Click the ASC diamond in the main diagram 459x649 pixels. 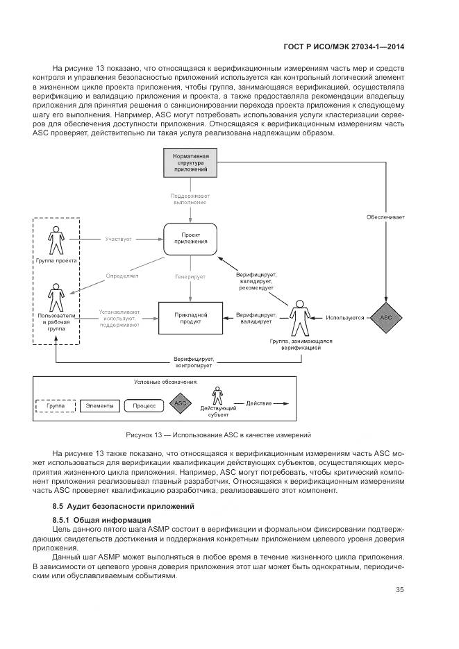[385, 318]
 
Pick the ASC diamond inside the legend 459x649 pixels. [181, 403]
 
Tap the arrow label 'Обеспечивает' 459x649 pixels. [385, 217]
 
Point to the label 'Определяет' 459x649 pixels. [122, 276]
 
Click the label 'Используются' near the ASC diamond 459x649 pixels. [344, 318]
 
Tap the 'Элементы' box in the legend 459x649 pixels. [99, 403]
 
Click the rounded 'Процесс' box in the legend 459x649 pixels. [144, 403]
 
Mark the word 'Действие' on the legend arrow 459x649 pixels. [258, 403]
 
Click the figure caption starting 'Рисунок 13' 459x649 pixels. [217, 435]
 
